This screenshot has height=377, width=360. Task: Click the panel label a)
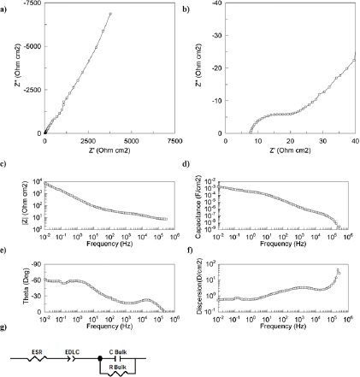coord(6,8)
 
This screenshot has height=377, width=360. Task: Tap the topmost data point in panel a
coord(110,15)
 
